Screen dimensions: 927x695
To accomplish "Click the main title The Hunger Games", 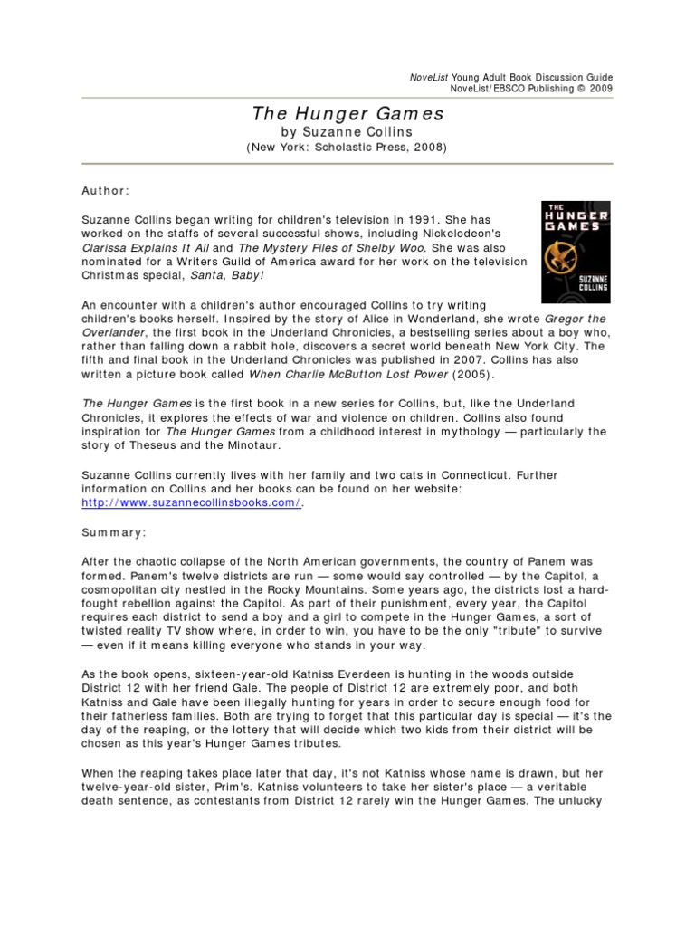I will (x=347, y=114).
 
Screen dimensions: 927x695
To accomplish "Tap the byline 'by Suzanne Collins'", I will (x=347, y=132).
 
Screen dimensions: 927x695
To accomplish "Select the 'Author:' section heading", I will (x=105, y=192).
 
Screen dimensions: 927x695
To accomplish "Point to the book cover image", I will (x=575, y=252).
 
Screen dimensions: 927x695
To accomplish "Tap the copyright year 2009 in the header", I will (x=599, y=89).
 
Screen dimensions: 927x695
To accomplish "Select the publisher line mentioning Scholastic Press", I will (x=347, y=148).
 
